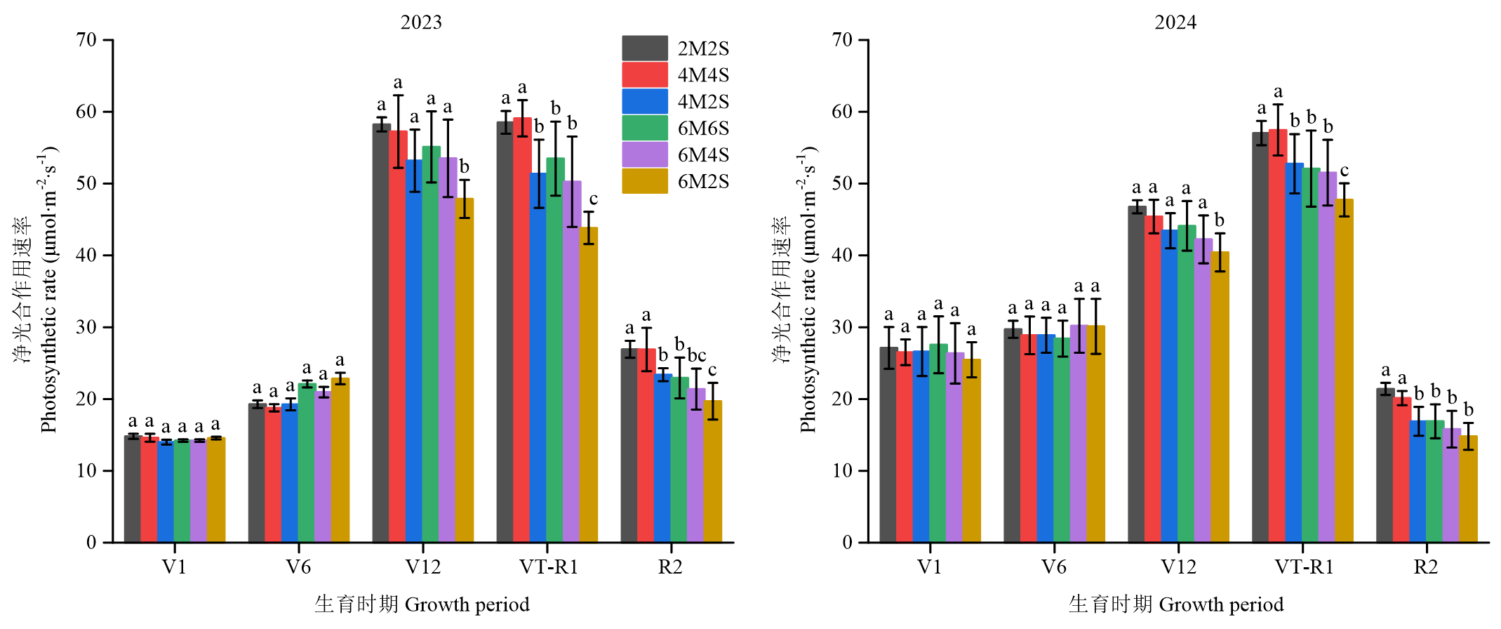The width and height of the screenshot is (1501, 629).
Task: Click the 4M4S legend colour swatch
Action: click(644, 75)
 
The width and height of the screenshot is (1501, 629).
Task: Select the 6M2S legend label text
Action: click(703, 182)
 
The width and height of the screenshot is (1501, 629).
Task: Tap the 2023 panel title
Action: click(421, 22)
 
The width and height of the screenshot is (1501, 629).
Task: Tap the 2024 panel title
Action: click(1175, 22)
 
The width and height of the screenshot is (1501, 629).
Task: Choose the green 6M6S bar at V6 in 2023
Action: click(307, 463)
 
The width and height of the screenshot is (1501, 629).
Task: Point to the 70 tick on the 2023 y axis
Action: click(87, 40)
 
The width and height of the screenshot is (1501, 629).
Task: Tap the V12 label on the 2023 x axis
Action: click(423, 567)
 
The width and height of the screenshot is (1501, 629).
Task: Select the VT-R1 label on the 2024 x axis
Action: click(1304, 567)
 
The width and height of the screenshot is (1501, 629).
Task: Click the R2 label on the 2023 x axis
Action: click(670, 567)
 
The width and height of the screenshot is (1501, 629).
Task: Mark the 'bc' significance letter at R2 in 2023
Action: click(696, 355)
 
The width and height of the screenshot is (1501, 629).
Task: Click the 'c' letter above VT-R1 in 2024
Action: click(1344, 171)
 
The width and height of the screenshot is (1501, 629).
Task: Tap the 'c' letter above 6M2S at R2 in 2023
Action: click(712, 370)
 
